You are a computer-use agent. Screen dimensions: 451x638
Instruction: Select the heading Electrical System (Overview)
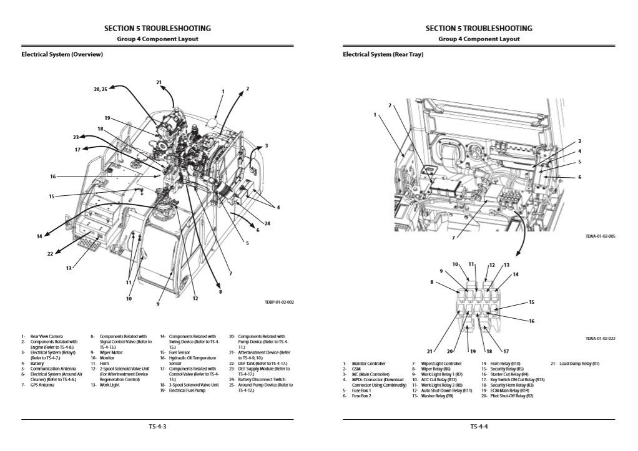click(62, 54)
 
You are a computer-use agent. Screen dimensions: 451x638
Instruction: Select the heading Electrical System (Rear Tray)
click(383, 54)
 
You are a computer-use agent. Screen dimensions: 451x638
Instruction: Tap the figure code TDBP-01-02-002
click(278, 302)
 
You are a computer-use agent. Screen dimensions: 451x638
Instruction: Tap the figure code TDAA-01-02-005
click(600, 236)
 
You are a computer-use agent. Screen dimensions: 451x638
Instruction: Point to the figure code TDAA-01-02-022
click(600, 338)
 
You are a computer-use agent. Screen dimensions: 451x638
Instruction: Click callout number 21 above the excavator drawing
click(159, 82)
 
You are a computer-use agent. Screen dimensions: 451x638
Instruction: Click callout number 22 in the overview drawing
click(51, 253)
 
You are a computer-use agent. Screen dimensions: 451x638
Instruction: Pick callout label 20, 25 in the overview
click(101, 90)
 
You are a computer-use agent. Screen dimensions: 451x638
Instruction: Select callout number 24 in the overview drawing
click(267, 223)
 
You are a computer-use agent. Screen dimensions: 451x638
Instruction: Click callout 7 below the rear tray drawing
click(453, 237)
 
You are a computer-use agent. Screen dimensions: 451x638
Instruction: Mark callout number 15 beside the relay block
click(532, 302)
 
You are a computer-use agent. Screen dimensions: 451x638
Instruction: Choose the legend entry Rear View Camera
click(45, 337)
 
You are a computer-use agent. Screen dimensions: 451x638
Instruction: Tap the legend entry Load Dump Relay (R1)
click(579, 363)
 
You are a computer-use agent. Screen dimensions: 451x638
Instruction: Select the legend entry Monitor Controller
click(368, 363)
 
